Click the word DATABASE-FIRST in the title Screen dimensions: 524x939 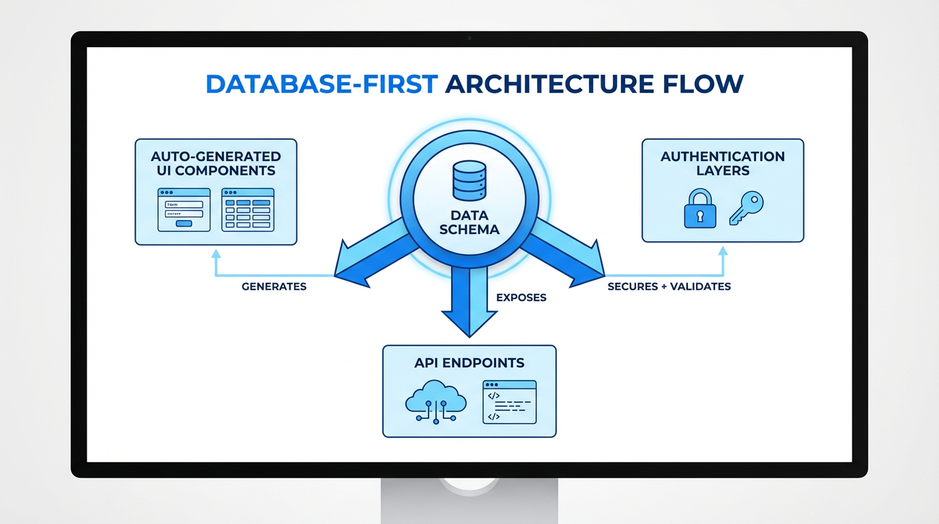[x=321, y=84]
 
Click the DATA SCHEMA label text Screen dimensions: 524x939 [x=469, y=222]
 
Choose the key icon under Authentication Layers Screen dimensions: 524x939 [x=745, y=207]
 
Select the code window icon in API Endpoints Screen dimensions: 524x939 [x=509, y=402]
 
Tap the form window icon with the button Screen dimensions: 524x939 [x=184, y=209]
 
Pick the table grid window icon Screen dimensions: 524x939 [x=248, y=209]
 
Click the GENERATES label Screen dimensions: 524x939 [x=274, y=287]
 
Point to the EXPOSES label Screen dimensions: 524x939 [x=521, y=297]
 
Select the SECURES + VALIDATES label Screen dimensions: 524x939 [x=669, y=287]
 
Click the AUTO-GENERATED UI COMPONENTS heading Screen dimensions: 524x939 [x=216, y=164]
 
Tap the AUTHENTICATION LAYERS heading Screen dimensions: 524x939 [x=723, y=164]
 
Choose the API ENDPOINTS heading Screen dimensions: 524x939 [x=469, y=363]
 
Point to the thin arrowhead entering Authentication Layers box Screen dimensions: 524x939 [x=723, y=252]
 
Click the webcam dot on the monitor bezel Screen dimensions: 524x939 [x=470, y=38]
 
